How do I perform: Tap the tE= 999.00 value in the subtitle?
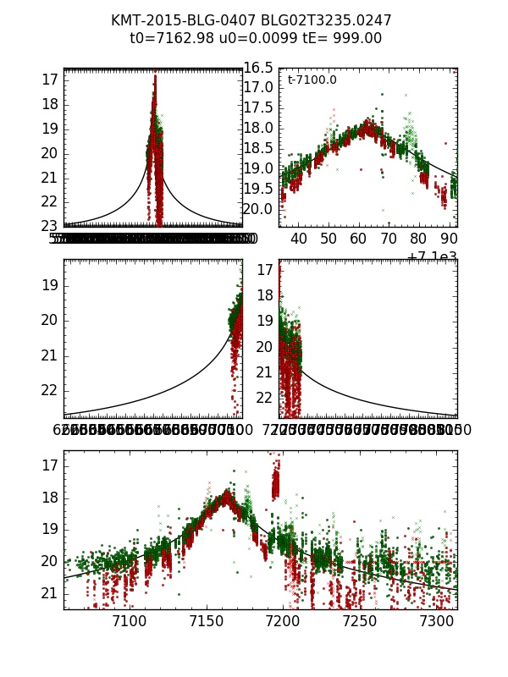337,39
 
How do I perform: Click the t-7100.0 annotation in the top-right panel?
312,80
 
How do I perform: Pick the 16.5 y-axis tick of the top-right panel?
257,68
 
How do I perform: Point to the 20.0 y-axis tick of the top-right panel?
257,210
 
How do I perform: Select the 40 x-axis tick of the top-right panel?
299,239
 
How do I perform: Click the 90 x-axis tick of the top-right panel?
448,239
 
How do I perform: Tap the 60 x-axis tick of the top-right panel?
358,239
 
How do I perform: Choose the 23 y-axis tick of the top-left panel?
47,225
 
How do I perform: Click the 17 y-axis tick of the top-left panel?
47,80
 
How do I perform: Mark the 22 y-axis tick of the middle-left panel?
47,390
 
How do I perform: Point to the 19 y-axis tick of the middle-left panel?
47,284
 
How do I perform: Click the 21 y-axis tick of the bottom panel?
47,593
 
